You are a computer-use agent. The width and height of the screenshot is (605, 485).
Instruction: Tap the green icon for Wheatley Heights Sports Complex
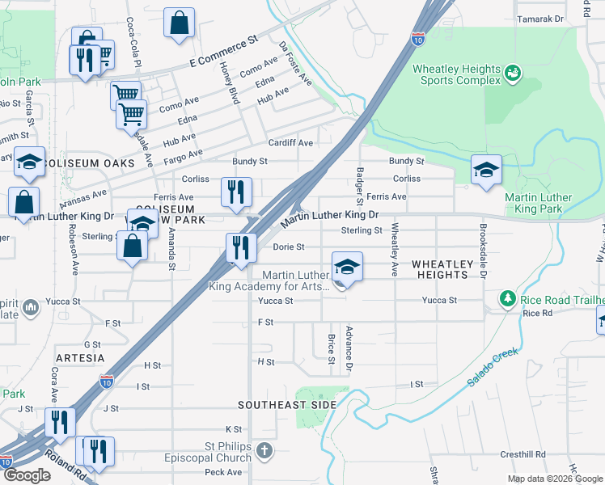pyautogui.click(x=512, y=75)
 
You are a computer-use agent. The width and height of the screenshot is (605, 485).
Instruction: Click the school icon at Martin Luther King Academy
pyautogui.click(x=347, y=267)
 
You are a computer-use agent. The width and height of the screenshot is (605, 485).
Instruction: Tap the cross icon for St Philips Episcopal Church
pyautogui.click(x=264, y=449)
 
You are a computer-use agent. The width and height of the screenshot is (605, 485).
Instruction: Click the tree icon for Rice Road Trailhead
pyautogui.click(x=507, y=299)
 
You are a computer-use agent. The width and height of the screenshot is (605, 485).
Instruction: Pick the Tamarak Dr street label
pyautogui.click(x=540, y=19)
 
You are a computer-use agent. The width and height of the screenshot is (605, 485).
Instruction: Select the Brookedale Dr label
pyautogui.click(x=483, y=251)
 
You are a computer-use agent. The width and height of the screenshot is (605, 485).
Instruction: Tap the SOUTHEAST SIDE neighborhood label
pyautogui.click(x=287, y=404)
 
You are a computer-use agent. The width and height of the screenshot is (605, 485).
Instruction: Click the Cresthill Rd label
pyautogui.click(x=522, y=455)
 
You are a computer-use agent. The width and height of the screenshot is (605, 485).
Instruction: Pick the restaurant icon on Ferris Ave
pyautogui.click(x=236, y=193)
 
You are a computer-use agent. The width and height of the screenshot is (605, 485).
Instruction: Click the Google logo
pyautogui.click(x=26, y=476)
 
